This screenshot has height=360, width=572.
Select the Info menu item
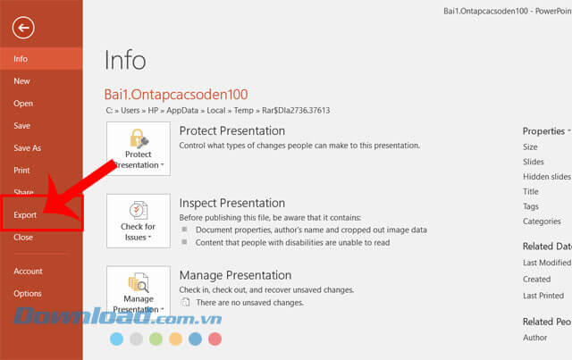(21, 59)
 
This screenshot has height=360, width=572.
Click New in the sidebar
(21, 81)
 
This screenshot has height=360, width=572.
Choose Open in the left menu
(23, 104)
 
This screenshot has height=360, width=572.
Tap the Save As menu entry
(27, 148)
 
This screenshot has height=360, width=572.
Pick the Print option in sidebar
(21, 171)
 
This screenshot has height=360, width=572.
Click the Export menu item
(25, 215)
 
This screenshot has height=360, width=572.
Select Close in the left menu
(23, 238)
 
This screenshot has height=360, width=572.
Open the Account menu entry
(28, 272)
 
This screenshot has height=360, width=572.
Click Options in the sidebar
(27, 294)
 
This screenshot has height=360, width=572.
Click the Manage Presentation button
(139, 291)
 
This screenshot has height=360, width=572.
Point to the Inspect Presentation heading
(232, 203)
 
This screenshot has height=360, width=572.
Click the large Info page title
(125, 60)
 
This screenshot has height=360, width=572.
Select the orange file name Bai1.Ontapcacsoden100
(176, 95)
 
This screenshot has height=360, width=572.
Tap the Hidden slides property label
(547, 177)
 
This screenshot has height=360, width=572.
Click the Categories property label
(542, 222)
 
